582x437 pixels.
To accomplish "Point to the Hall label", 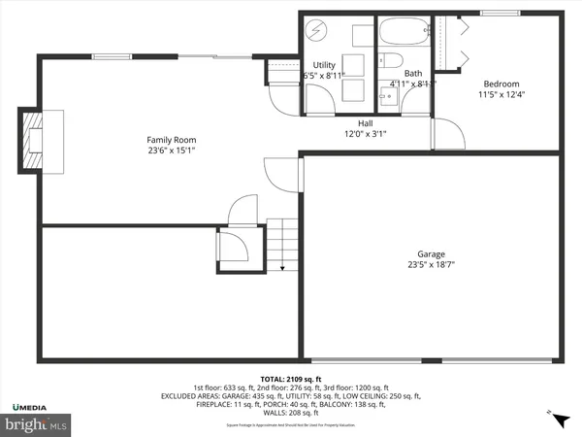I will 365,123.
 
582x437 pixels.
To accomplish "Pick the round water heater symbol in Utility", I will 317,29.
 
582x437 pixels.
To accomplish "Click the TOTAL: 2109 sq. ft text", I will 290,378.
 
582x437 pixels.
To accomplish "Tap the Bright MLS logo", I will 35,423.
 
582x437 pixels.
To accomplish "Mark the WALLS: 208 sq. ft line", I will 290,415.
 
